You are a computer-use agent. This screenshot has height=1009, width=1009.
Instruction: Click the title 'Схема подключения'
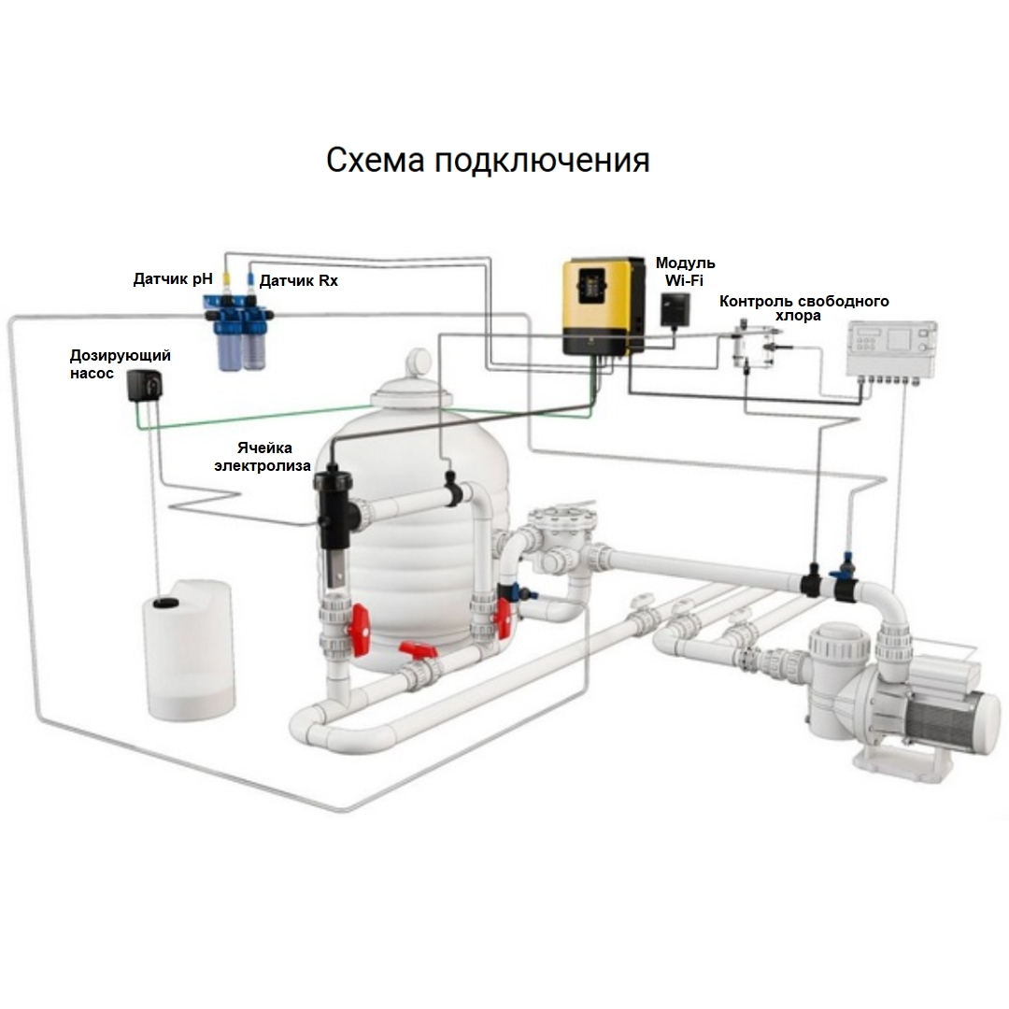point(488,160)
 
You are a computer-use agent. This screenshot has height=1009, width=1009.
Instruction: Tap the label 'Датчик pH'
point(173,278)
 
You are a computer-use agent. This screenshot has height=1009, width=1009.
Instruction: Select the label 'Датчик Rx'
point(298,280)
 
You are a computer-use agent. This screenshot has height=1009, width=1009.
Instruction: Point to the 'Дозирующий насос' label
point(121,364)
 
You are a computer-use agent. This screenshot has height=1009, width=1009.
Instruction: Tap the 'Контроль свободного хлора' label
point(803,308)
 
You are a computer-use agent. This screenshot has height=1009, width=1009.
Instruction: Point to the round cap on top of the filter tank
point(419,362)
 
